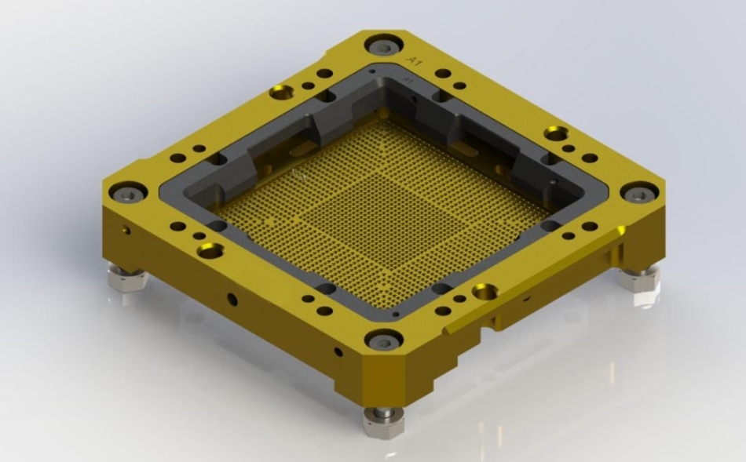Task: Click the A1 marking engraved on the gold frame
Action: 410,60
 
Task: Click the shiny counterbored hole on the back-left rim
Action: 280,93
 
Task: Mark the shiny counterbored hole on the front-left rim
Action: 210,251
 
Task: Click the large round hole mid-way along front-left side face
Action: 232,299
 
